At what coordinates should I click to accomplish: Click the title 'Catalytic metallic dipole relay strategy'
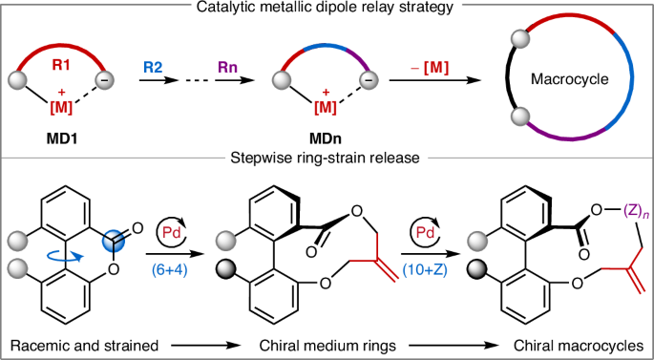[326, 10]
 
